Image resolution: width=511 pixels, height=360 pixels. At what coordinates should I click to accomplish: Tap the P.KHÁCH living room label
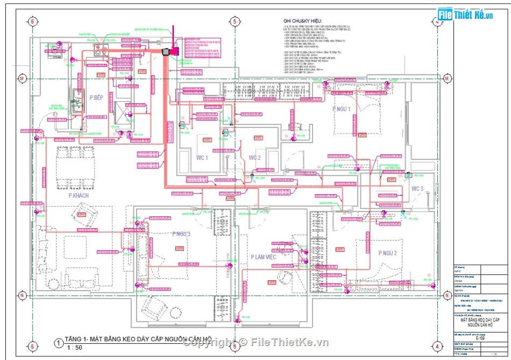[79, 195]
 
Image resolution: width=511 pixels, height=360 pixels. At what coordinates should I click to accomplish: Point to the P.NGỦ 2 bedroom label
[387, 253]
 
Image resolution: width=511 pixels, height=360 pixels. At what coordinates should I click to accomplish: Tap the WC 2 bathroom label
[254, 158]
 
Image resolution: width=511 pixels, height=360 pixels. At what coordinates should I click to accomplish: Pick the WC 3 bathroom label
[417, 189]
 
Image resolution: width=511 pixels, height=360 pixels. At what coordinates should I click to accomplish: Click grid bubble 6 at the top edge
[33, 22]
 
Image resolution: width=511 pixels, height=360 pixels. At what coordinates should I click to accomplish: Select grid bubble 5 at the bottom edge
[235, 346]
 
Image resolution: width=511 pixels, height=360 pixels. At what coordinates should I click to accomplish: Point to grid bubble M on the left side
[22, 78]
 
